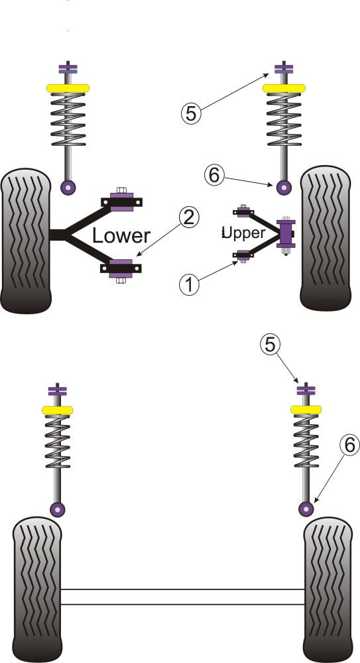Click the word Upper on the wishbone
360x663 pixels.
pos(245,233)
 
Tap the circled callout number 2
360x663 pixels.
pos(188,217)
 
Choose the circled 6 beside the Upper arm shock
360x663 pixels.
pos(213,175)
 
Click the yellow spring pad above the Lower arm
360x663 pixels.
pos(68,88)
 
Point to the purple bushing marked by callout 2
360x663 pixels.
pos(121,269)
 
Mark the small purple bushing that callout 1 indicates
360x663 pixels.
pos(243,254)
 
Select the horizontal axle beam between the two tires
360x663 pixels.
pos(183,596)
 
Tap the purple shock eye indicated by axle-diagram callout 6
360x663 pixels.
pos(306,509)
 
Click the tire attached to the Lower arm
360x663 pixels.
pos(26,241)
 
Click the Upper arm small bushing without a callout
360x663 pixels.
pos(243,212)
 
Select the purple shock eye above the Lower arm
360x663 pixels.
pos(68,186)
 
